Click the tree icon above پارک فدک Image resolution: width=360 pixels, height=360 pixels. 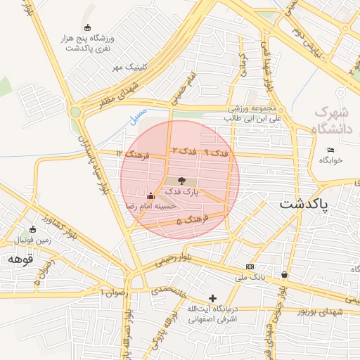(x=182, y=181)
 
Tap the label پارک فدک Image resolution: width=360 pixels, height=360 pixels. (x=182, y=191)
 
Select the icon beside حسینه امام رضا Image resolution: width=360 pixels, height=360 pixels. (x=150, y=195)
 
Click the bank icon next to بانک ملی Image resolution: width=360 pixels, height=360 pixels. (x=250, y=267)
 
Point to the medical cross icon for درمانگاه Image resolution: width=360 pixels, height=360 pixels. (x=212, y=299)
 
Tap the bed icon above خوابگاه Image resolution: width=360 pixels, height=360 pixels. (x=331, y=150)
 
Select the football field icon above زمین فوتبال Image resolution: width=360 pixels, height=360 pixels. (x=33, y=229)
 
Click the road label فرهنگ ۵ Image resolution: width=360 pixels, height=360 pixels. (x=188, y=221)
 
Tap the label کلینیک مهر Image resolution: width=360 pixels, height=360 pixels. (x=129, y=67)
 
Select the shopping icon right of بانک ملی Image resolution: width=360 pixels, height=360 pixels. (x=284, y=274)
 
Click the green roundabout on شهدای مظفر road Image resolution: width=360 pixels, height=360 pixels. (x=75, y=111)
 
